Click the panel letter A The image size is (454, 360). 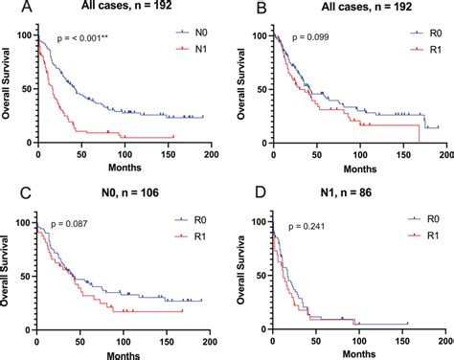coord(10,10)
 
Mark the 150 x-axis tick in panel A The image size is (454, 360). coord(149,153)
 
